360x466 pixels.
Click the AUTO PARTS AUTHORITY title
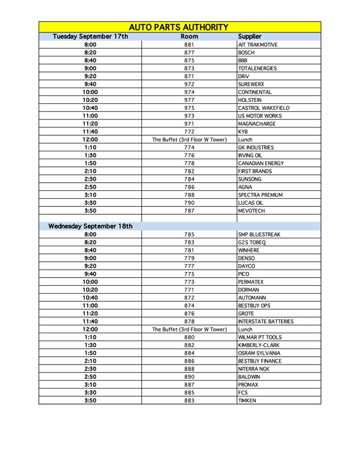click(x=179, y=27)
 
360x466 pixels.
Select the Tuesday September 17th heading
click(x=91, y=37)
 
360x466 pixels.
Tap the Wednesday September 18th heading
click(x=91, y=226)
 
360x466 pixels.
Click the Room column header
click(x=189, y=37)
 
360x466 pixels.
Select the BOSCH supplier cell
click(x=247, y=53)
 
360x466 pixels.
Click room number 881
click(x=189, y=45)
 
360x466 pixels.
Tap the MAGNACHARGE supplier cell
click(x=257, y=124)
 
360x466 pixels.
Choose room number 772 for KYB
click(x=189, y=132)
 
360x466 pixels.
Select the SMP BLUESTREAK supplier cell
click(x=260, y=235)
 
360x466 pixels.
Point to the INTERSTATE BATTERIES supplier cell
click(x=266, y=322)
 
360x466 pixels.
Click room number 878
click(x=189, y=322)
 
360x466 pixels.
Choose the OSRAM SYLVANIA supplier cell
click(x=259, y=353)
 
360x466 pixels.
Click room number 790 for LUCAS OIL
click(x=189, y=203)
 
